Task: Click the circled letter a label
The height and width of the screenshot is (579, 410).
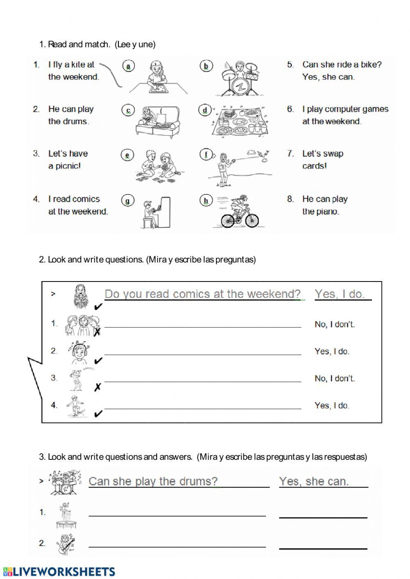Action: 128,66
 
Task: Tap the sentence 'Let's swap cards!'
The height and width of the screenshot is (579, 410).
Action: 322,159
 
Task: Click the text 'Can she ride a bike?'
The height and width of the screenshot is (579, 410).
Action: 342,64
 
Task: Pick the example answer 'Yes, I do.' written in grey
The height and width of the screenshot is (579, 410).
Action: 339,294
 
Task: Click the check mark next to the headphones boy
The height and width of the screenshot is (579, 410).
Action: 98,361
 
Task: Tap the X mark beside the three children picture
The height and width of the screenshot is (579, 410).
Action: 97,332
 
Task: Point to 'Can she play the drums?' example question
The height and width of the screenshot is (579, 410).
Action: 153,481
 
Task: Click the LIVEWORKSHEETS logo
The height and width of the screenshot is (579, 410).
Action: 59,572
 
